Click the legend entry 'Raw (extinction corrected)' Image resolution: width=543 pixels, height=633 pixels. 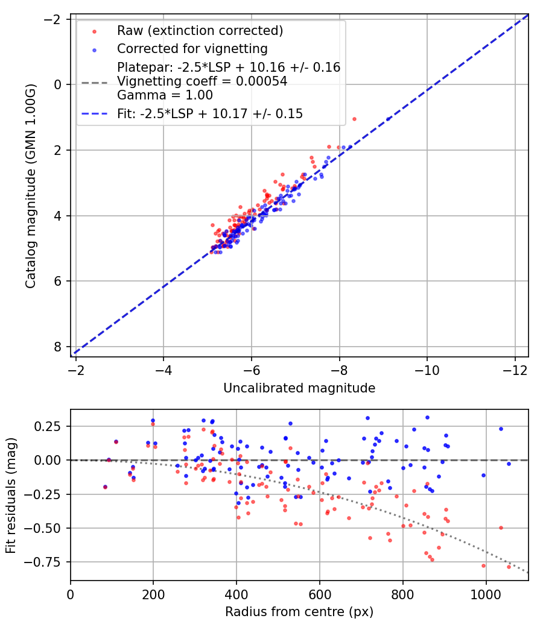pos(200,31)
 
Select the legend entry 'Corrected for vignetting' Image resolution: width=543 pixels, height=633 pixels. pos(192,48)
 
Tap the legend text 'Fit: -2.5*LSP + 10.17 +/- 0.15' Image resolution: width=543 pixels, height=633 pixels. pos(210,113)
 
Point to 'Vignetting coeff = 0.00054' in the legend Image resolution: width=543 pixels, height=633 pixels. pos(202,81)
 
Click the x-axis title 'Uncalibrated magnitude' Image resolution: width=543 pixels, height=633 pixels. pos(299,388)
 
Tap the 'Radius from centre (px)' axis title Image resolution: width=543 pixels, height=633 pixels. pos(299,612)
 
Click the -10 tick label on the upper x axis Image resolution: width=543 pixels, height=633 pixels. pos(427,369)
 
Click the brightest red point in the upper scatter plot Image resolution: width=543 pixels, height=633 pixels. pos(354,119)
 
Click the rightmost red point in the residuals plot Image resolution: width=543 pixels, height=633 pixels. pos(509,567)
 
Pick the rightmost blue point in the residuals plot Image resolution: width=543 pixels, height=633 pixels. pos(509,464)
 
